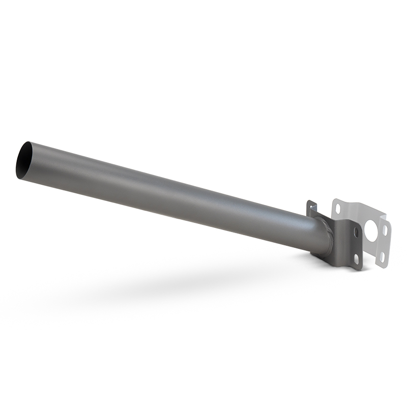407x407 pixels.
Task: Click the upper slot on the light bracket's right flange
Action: pos(385,230)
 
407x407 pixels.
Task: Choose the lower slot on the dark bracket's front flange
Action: pos(357,258)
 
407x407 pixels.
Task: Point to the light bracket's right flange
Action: pos(384,243)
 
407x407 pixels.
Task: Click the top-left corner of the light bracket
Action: pos(335,201)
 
